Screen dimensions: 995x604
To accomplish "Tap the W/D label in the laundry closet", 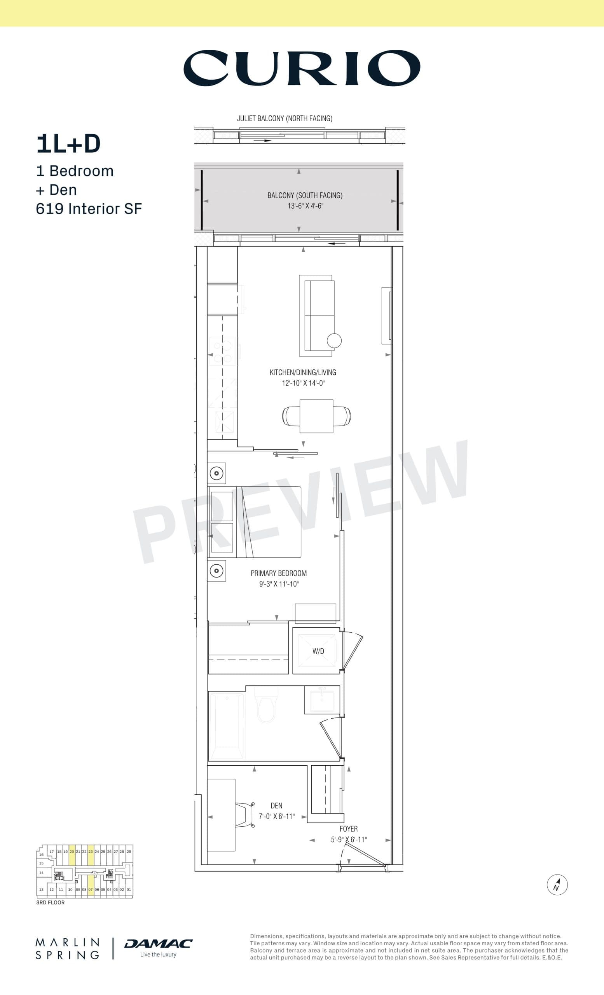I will (318, 651).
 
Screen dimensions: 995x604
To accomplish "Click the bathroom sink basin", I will (322, 701).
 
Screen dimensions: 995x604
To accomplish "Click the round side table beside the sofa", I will (334, 340).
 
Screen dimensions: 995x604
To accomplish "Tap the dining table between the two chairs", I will (316, 416).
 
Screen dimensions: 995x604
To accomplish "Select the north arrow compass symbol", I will (557, 884).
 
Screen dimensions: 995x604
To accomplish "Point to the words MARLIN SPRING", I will (67, 949).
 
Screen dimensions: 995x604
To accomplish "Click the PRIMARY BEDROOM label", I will (279, 573).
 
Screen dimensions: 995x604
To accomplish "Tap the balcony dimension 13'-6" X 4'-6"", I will (305, 206).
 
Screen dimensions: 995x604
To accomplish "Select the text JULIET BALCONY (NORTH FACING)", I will (285, 118).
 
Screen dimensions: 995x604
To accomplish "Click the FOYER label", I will (348, 829).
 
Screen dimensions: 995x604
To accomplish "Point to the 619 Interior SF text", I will (89, 209).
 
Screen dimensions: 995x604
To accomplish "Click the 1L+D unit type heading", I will (68, 144).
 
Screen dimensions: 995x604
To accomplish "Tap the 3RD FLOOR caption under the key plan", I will (51, 902).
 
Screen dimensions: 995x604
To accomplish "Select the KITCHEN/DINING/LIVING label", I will (303, 372).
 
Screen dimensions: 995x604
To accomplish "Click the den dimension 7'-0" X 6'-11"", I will (277, 816).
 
